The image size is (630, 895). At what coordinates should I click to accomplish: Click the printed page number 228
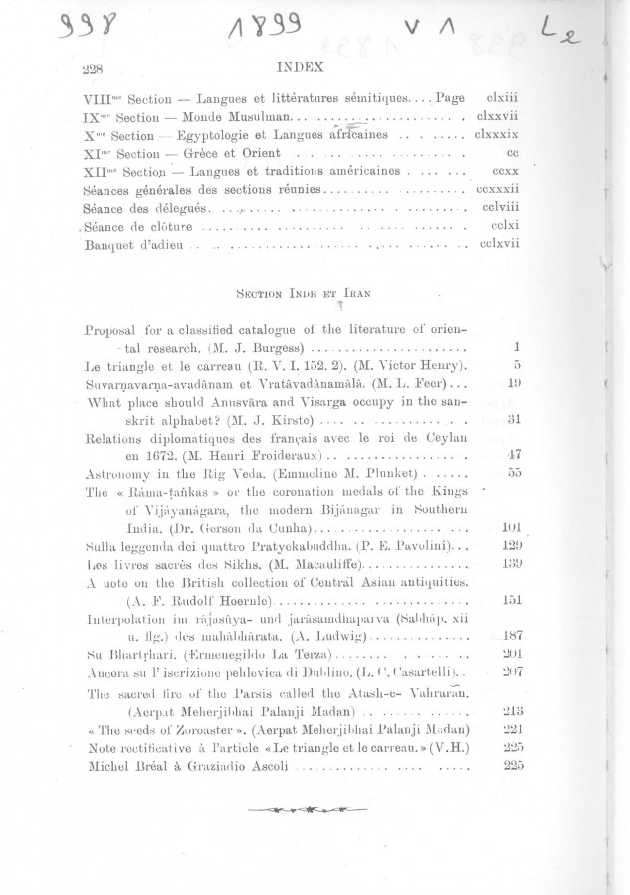pyautogui.click(x=92, y=73)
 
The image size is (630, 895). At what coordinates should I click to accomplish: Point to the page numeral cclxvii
pyautogui.click(x=494, y=243)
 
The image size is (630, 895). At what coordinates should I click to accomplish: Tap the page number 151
pyautogui.click(x=512, y=600)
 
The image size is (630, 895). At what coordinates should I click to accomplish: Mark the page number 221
pyautogui.click(x=512, y=728)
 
